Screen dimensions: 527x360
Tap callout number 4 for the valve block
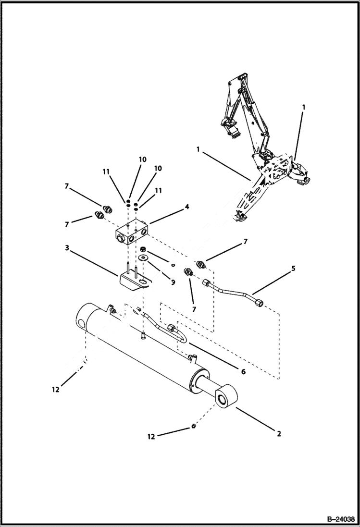point(187,207)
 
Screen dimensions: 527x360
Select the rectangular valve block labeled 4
point(132,232)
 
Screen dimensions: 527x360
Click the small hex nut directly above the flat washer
point(143,249)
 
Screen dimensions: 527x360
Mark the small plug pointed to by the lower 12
point(193,426)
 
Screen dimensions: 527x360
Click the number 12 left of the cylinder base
point(56,390)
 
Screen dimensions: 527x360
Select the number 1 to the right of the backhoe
point(303,108)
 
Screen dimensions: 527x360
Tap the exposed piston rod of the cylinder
point(207,388)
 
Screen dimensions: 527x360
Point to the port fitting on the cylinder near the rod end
point(192,357)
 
